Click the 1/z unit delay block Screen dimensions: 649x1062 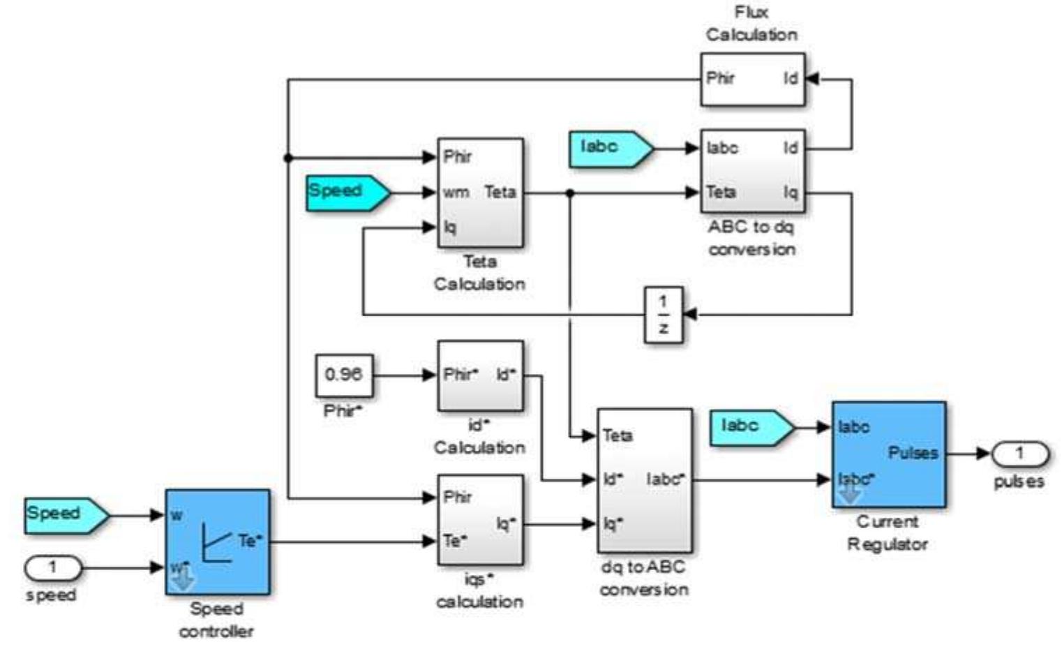pyautogui.click(x=662, y=314)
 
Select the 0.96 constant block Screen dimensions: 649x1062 pyautogui.click(x=344, y=375)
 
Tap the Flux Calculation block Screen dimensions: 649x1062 pyautogui.click(x=752, y=79)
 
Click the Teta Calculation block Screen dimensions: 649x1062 pyautogui.click(x=480, y=193)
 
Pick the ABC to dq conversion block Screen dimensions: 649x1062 pyautogui.click(x=752, y=171)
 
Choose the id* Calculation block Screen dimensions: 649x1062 pyautogui.click(x=480, y=375)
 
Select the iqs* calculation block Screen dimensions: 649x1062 pyautogui.click(x=480, y=520)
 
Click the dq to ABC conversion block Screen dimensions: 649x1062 pyautogui.click(x=645, y=480)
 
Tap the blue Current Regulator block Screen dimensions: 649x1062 pyautogui.click(x=888, y=454)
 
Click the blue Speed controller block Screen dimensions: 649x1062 pyautogui.click(x=217, y=542)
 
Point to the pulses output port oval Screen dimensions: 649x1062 pyautogui.click(x=1019, y=454)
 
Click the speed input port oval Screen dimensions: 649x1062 pyautogui.click(x=53, y=568)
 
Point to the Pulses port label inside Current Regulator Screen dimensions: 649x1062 pyautogui.click(x=913, y=453)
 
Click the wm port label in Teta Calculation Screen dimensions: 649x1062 pyautogui.click(x=456, y=193)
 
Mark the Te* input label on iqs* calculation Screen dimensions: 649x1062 pyautogui.click(x=455, y=541)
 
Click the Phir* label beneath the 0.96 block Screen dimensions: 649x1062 pyautogui.click(x=343, y=410)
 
